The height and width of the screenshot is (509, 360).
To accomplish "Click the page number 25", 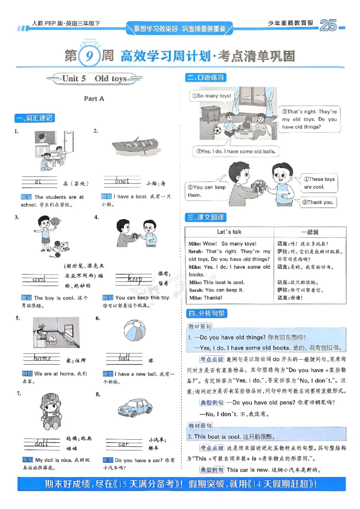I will pos(328,27).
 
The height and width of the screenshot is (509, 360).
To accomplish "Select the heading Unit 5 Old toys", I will pos(94,79).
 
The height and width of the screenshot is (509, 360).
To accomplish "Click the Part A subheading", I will pos(94,98).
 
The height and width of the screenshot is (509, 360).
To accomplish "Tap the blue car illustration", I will pos(135,408).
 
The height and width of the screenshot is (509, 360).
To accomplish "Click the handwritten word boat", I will pos(122,182).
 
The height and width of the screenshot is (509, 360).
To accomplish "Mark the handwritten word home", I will pos(42,358).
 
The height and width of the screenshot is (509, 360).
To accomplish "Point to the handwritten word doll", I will pos(41,444).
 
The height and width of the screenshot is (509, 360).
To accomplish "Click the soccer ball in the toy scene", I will pos(217,131).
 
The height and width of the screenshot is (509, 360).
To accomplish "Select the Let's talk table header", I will pos(229,232).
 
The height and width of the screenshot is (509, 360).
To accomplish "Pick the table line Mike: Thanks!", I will pos(206,298).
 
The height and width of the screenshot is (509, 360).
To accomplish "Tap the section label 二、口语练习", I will pos(206,78).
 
